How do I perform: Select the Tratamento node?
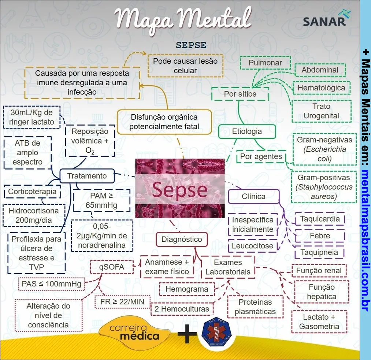(87, 176)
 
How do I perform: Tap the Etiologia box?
(247, 131)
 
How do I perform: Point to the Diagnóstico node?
(182, 240)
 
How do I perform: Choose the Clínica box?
(253, 196)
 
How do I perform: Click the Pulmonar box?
(265, 63)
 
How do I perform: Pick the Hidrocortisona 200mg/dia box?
(34, 215)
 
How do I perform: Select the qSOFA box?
(111, 267)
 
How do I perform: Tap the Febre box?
(320, 236)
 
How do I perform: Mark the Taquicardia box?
(320, 219)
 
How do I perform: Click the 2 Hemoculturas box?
(182, 309)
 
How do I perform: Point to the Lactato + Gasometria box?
(319, 322)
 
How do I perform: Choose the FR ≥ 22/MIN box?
(122, 302)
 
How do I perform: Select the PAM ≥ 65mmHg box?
(101, 200)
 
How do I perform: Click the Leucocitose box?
(252, 246)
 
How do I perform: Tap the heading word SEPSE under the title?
(191, 45)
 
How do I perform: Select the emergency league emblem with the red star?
(218, 333)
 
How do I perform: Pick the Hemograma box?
(186, 289)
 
